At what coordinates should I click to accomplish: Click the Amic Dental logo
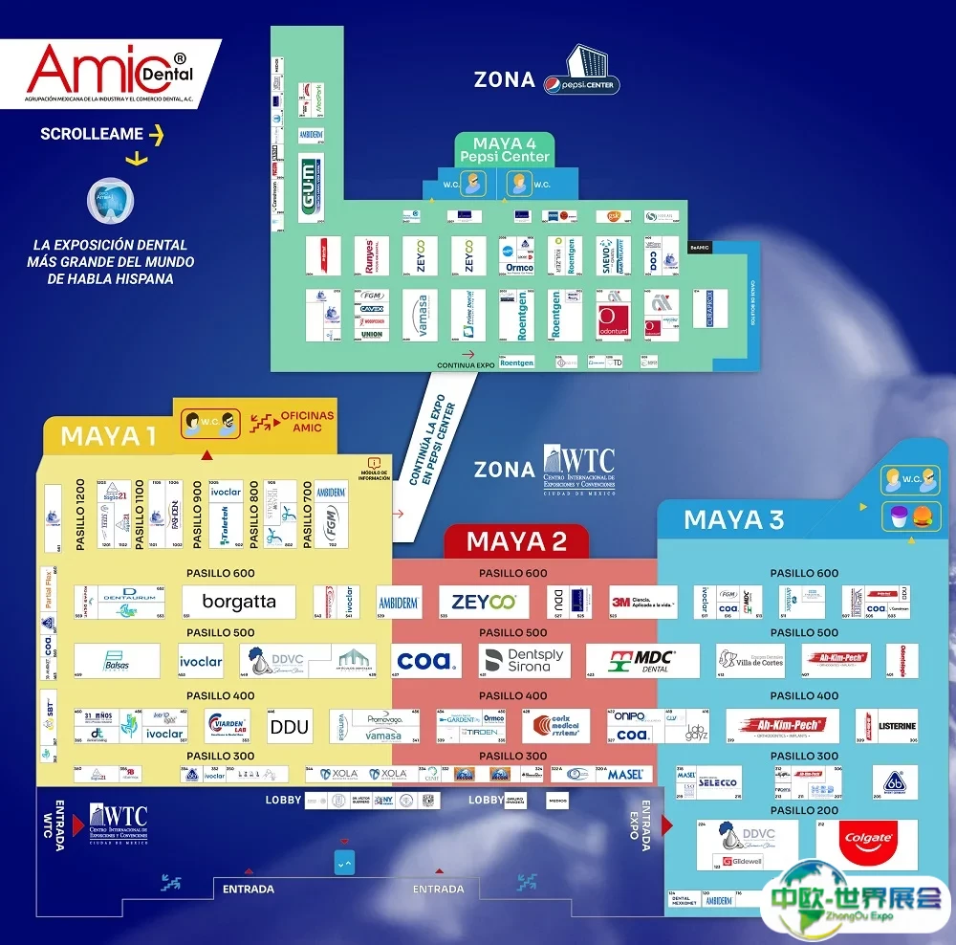[x=111, y=73]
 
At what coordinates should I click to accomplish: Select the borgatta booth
[x=239, y=602]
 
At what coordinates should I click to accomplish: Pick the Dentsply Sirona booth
[x=524, y=661]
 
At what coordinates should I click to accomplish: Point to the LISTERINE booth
[x=886, y=726]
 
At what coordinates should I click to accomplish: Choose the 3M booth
[x=642, y=602]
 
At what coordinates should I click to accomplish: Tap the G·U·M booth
[x=311, y=187]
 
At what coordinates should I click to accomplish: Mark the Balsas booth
[x=117, y=661]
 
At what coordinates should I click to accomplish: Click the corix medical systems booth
[x=555, y=726]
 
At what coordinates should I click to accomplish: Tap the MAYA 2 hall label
[x=516, y=542]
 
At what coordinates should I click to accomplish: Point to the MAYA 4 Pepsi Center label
[x=505, y=149]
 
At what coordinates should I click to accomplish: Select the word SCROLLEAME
[x=92, y=135]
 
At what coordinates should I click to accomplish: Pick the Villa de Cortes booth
[x=750, y=661]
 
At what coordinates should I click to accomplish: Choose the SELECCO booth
[x=718, y=782]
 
